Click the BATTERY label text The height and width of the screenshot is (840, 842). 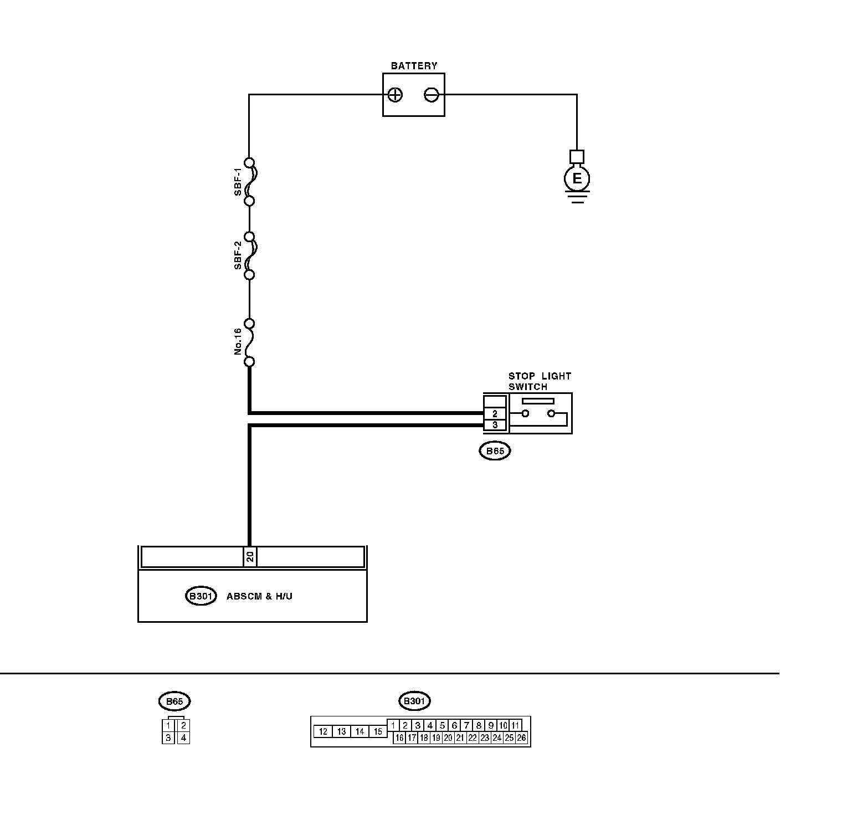pos(414,65)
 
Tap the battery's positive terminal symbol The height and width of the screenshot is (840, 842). pos(395,95)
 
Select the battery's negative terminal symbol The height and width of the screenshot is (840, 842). pos(432,95)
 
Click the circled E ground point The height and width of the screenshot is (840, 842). pos(577,178)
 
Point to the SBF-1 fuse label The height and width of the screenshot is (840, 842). pos(238,182)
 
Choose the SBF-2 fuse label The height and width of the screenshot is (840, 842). pos(238,255)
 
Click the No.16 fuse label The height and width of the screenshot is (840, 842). pos(238,341)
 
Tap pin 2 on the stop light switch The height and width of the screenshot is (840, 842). pos(495,413)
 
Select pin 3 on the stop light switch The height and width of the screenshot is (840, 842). pos(495,425)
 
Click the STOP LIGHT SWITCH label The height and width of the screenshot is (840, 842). pos(539,381)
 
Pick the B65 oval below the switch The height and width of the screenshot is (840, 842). pos(495,451)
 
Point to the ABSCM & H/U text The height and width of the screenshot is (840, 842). pos(259,596)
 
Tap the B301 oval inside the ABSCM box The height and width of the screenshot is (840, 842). pos(200,596)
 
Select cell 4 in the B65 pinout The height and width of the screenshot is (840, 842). pos(183,737)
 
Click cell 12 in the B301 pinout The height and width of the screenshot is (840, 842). pos(324,731)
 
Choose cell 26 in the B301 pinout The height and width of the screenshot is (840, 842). pos(521,737)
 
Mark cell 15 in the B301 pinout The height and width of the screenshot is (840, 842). pos(378,731)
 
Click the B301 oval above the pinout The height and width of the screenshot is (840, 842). pos(414,701)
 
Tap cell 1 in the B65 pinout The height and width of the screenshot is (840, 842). pos(168,725)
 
